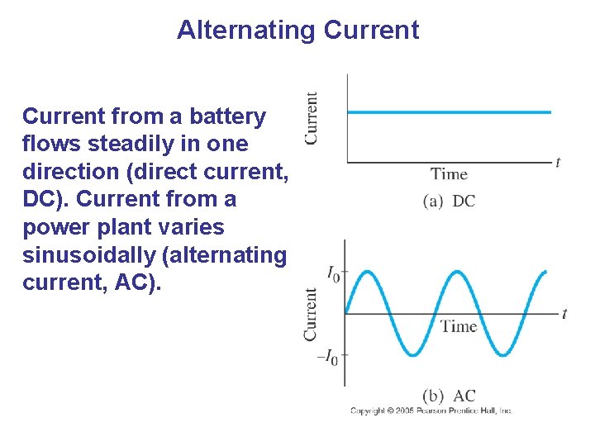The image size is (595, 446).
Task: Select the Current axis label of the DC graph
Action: pyautogui.click(x=312, y=118)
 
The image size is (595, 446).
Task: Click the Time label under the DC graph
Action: pyautogui.click(x=449, y=174)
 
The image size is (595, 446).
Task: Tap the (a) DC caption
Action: pyautogui.click(x=449, y=201)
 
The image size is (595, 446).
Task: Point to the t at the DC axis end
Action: pyautogui.click(x=558, y=163)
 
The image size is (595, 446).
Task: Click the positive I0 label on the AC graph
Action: pyautogui.click(x=332, y=273)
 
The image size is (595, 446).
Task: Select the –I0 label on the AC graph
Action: pyautogui.click(x=328, y=357)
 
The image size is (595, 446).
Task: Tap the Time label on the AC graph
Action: pyautogui.click(x=459, y=326)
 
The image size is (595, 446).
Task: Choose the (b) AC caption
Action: pyautogui.click(x=449, y=396)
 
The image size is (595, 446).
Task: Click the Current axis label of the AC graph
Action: pyautogui.click(x=311, y=314)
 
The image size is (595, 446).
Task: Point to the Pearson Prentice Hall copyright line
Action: pyautogui.click(x=431, y=410)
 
